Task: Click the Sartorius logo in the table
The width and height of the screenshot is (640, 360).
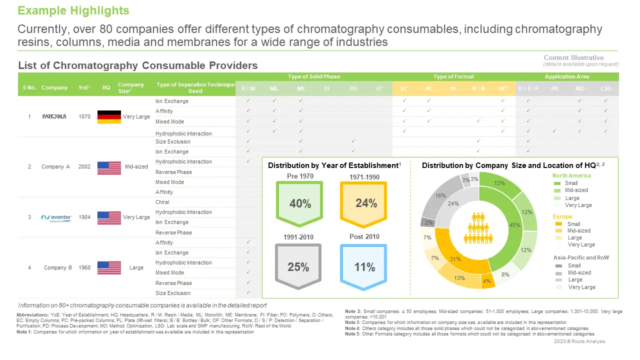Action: tap(54, 116)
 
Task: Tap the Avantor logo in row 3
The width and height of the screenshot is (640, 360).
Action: tap(56, 217)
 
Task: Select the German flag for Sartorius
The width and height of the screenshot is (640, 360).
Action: tap(109, 117)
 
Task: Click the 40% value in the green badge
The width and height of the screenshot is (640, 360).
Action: tap(300, 203)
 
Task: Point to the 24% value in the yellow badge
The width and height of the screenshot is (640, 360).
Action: tap(366, 202)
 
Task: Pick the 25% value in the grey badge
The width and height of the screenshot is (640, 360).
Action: tap(298, 267)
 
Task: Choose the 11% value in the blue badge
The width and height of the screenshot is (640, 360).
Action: tap(364, 267)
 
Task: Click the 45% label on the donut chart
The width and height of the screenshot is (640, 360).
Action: tap(514, 225)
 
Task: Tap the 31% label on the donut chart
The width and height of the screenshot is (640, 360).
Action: tap(455, 259)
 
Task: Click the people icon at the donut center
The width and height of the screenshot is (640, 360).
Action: tap(479, 228)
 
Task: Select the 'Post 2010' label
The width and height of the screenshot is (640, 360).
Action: tap(364, 236)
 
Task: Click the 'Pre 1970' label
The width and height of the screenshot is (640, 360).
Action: tap(299, 176)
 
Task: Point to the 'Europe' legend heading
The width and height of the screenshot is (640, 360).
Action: tap(562, 217)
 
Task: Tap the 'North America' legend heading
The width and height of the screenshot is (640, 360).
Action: tap(571, 175)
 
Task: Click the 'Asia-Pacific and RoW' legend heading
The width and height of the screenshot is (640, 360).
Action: tap(581, 257)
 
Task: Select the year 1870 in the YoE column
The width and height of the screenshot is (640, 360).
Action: tap(84, 116)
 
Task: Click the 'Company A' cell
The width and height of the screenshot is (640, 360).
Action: tap(55, 166)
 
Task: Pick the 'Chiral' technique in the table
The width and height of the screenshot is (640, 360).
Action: tap(162, 202)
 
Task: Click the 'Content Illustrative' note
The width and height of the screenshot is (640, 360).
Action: tap(573, 57)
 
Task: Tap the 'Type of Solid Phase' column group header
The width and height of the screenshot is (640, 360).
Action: tap(314, 76)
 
